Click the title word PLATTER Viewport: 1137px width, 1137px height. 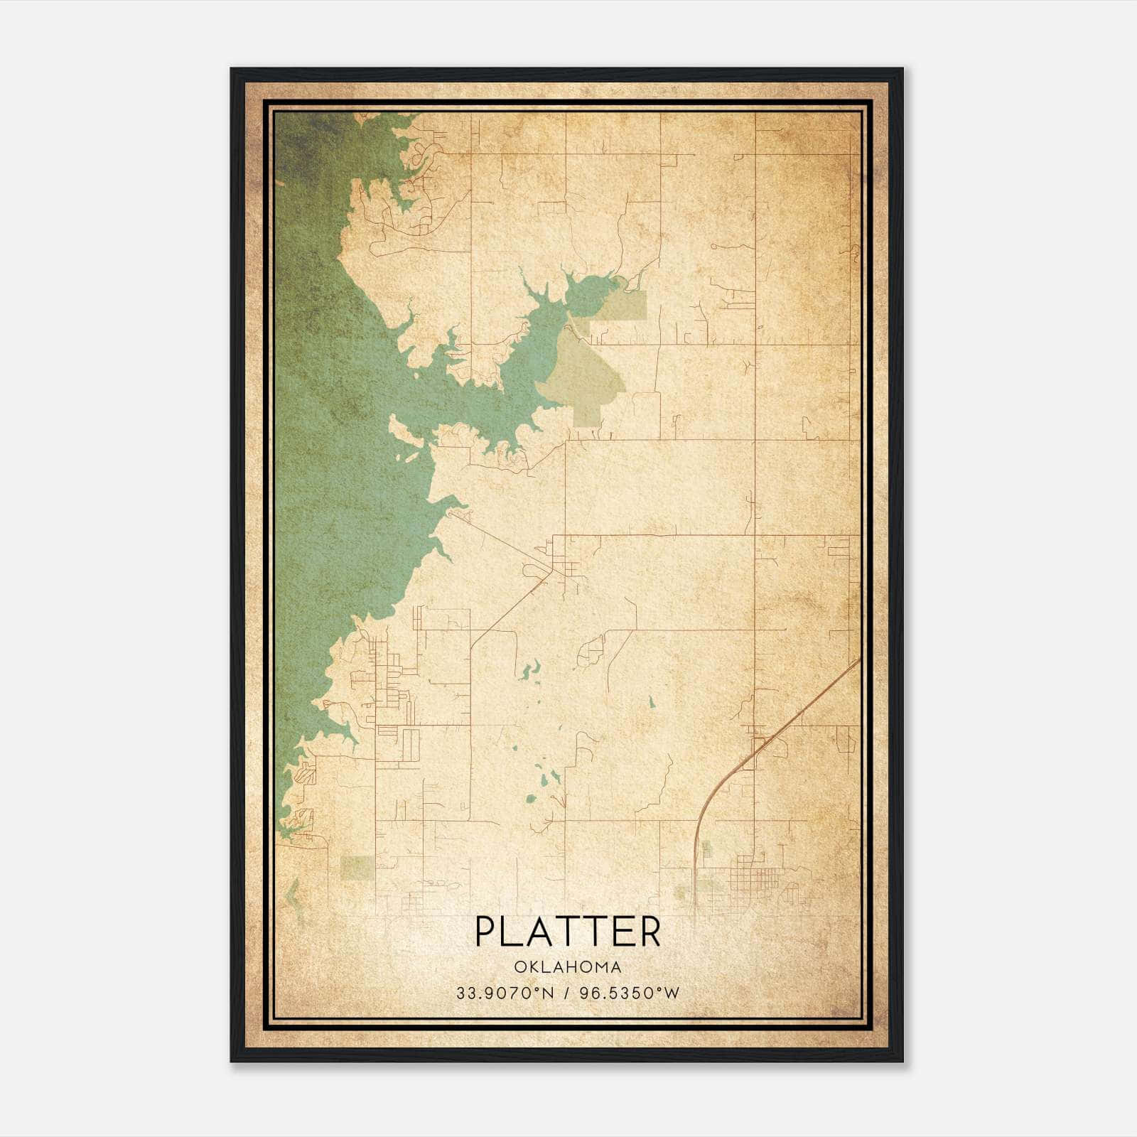coord(567,932)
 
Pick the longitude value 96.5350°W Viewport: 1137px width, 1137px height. coord(630,993)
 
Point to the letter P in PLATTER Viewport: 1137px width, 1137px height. coord(484,932)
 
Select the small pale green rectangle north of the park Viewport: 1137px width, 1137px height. coord(624,306)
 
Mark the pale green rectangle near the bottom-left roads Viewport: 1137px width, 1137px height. coord(357,867)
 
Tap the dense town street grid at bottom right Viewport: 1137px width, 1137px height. coord(757,874)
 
